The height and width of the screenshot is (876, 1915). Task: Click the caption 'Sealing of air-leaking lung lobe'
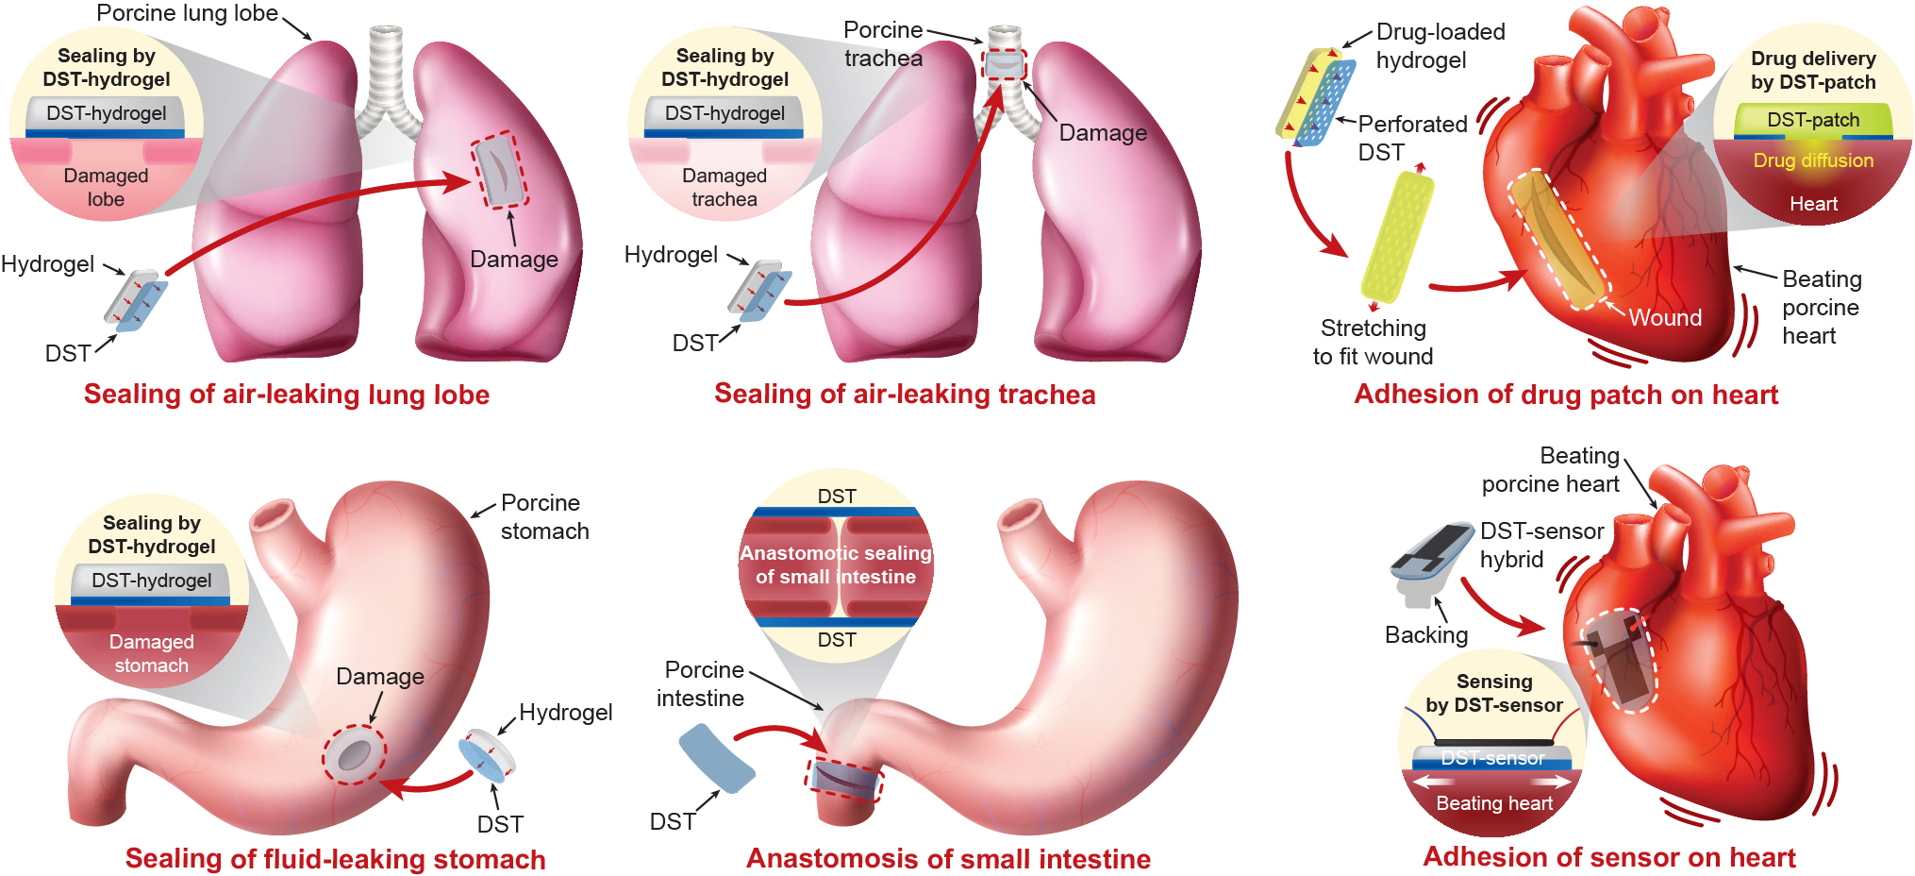pos(287,394)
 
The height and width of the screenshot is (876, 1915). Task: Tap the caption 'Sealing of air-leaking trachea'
pos(905,394)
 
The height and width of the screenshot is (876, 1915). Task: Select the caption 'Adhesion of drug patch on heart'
pos(1566,395)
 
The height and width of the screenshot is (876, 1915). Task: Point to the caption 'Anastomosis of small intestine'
pos(948,859)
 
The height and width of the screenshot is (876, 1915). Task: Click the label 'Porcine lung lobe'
pos(187,13)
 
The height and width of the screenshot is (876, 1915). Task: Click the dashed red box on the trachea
pos(1004,65)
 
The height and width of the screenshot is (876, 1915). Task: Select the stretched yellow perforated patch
pos(1397,236)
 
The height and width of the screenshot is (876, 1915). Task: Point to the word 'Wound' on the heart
pos(1665,317)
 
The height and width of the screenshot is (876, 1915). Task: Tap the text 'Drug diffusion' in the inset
pos(1813,160)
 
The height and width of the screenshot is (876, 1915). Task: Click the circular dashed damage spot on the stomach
pos(354,754)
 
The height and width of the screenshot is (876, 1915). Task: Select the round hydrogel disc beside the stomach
pos(487,755)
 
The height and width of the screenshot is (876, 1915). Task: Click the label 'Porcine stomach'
pos(544,516)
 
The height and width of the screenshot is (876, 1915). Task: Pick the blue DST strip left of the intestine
pos(717,758)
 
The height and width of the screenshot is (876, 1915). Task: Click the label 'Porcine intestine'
pos(701,683)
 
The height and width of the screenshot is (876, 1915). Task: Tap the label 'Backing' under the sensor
pos(1425,634)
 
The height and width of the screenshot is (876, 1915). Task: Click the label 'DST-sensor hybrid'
pos(1540,545)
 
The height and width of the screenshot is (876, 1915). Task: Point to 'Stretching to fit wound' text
pos(1373,342)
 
